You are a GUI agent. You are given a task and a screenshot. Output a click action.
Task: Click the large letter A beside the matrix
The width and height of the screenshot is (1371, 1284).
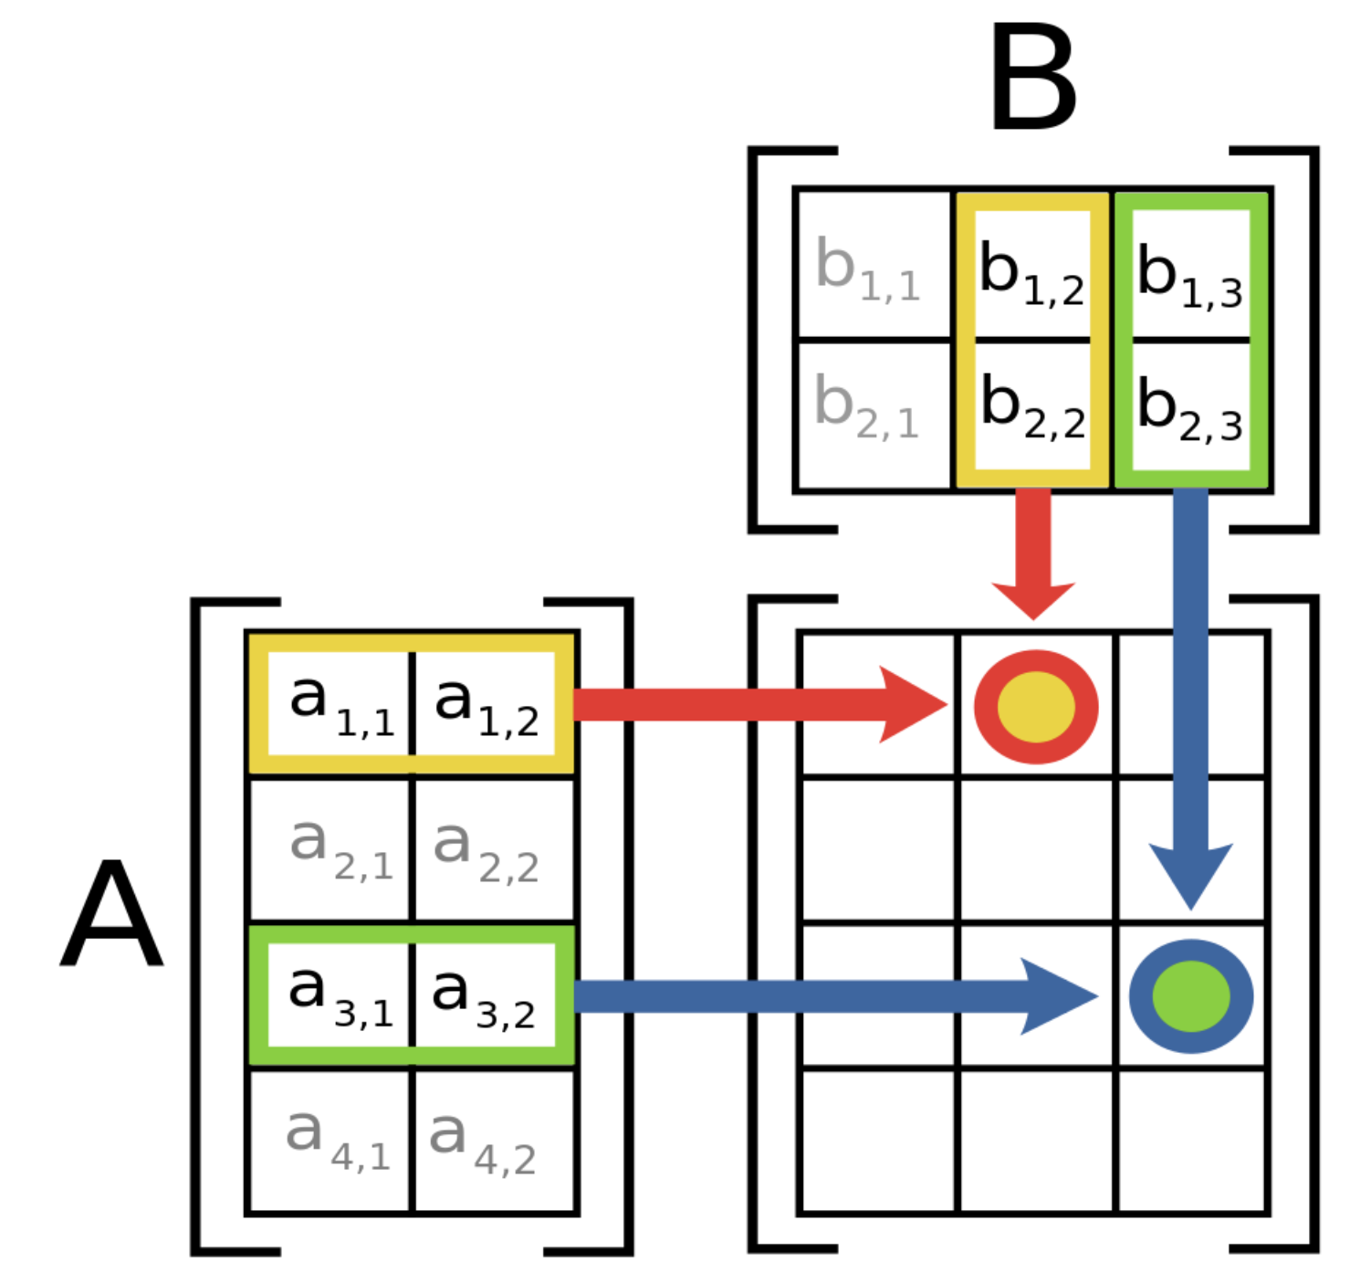click(x=111, y=913)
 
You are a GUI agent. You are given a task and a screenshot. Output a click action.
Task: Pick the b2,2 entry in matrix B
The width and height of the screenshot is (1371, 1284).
click(x=1032, y=407)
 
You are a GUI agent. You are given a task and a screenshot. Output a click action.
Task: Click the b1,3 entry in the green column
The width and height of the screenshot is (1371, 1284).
click(x=1189, y=274)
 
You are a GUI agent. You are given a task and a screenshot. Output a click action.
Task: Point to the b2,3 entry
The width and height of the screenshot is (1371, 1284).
click(x=1189, y=408)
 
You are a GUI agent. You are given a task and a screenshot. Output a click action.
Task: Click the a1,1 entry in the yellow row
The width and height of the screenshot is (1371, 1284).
click(x=340, y=704)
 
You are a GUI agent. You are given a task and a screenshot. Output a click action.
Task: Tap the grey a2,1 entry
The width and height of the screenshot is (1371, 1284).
click(x=340, y=847)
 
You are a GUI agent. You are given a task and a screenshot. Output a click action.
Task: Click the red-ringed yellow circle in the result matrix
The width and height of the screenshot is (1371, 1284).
click(x=1036, y=706)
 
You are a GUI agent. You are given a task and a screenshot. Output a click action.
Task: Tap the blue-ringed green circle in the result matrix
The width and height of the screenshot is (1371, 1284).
click(x=1190, y=995)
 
